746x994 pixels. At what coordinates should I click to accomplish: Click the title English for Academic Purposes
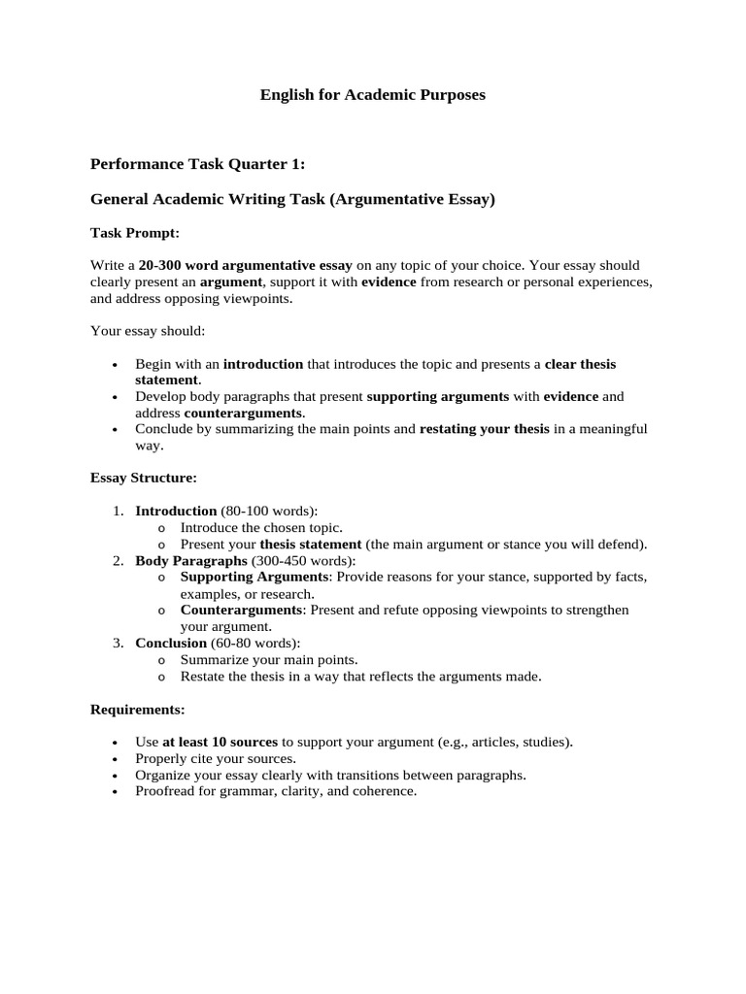[x=372, y=95]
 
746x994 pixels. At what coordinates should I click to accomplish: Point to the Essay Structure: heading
[x=144, y=478]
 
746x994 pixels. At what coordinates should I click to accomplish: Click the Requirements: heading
[x=138, y=710]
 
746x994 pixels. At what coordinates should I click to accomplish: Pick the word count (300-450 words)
[x=304, y=561]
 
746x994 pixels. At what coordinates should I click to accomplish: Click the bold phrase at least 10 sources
[x=220, y=743]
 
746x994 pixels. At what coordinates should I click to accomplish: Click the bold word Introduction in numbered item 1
[x=176, y=511]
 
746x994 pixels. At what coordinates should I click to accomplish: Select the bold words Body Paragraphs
[x=191, y=561]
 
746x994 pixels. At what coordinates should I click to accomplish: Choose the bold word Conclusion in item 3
[x=171, y=643]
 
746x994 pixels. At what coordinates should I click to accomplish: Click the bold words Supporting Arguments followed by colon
[x=256, y=578]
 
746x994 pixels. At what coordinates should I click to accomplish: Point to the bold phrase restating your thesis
[x=484, y=429]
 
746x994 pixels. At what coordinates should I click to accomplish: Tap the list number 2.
[x=118, y=561]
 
